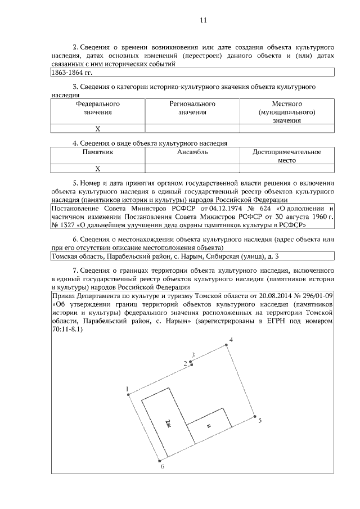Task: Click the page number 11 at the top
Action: [204, 20]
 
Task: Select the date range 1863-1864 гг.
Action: [71, 72]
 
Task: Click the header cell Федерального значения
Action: [97, 108]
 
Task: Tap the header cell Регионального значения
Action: [192, 108]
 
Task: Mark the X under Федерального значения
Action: [97, 129]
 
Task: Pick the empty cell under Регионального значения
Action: [192, 129]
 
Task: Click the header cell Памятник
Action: [97, 152]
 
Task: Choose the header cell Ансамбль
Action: [192, 152]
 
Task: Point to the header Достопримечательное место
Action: [287, 156]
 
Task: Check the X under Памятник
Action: [97, 168]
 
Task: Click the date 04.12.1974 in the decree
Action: [220, 208]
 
